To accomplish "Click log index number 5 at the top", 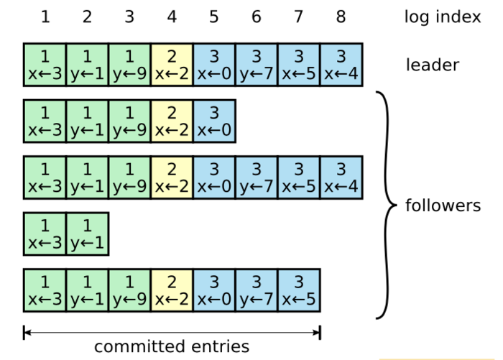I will [214, 17].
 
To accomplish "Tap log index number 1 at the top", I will [45, 17].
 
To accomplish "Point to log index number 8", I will [341, 17].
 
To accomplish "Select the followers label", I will [443, 206].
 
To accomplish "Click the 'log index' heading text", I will [443, 17].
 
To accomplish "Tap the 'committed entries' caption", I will [172, 346].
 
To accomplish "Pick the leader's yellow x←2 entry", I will [172, 65].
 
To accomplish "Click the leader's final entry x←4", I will [341, 65].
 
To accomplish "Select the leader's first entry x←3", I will [45, 65].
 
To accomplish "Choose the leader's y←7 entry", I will [257, 65].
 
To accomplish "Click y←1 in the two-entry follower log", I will [87, 234].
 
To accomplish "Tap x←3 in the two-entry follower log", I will [45, 234].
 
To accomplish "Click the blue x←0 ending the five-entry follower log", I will [214, 121].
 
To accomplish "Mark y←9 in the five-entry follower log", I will [129, 121].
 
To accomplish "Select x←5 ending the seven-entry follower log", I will [298, 290].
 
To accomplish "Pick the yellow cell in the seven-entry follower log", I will [172, 290].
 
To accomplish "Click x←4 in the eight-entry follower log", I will [341, 177].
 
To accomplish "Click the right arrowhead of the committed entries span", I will [317, 332].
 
